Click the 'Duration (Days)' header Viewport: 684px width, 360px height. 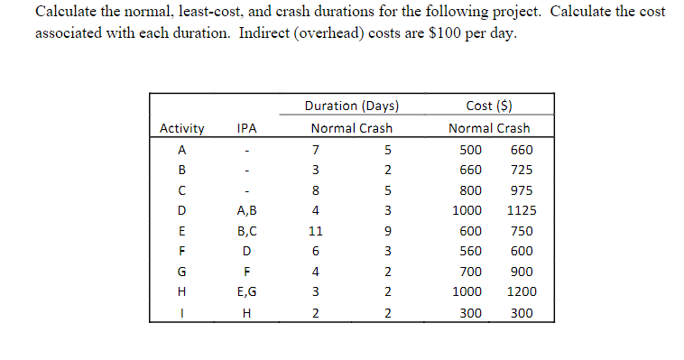point(352,106)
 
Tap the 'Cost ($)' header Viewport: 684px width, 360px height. point(490,106)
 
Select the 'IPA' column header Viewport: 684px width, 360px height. point(246,128)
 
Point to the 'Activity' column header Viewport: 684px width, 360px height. point(181,128)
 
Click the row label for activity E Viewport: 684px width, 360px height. point(181,231)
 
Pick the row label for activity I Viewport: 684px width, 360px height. point(181,313)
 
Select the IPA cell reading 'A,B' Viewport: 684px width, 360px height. point(246,210)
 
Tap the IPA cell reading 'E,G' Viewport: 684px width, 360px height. point(246,292)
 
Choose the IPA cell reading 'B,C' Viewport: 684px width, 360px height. point(246,231)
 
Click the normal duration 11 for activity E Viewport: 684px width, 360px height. point(316,231)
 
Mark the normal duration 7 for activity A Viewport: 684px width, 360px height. point(316,149)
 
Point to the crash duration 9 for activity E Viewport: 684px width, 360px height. point(385,231)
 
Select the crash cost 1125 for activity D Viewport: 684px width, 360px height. point(522,210)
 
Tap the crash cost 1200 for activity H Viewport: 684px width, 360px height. point(522,292)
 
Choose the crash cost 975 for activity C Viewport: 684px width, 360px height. point(522,190)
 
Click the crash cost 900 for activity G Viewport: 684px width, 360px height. point(522,272)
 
